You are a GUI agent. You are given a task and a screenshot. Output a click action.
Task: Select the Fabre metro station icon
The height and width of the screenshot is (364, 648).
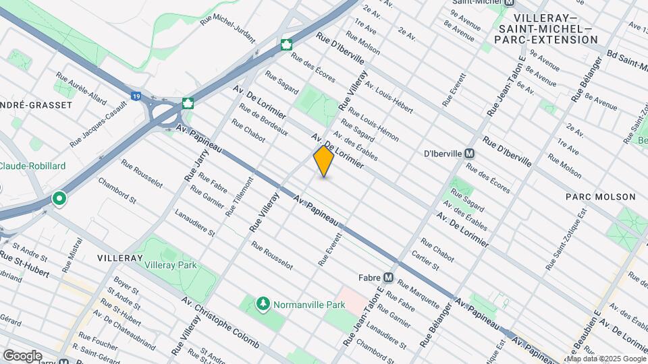tap(388, 277)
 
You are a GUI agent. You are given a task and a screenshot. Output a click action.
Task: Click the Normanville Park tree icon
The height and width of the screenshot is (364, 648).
tap(263, 305)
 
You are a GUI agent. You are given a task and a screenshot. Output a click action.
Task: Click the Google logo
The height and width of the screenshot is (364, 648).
tap(22, 355)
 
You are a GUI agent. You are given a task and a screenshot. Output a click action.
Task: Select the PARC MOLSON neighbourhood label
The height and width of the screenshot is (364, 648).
tap(601, 197)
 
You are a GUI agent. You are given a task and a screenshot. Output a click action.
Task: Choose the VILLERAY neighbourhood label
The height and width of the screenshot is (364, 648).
tap(119, 258)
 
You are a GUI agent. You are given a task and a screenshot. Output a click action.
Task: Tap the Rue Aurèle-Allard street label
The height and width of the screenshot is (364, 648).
tap(82, 88)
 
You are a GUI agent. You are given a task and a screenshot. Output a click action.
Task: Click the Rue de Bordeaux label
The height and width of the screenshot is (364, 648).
tap(264, 121)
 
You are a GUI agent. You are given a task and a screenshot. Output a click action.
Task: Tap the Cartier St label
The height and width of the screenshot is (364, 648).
tap(425, 264)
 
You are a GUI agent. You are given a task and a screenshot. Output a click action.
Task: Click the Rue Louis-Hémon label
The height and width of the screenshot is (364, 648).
tap(375, 126)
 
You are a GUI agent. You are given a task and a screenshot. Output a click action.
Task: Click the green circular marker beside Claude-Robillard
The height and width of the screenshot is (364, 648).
tap(59, 200)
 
